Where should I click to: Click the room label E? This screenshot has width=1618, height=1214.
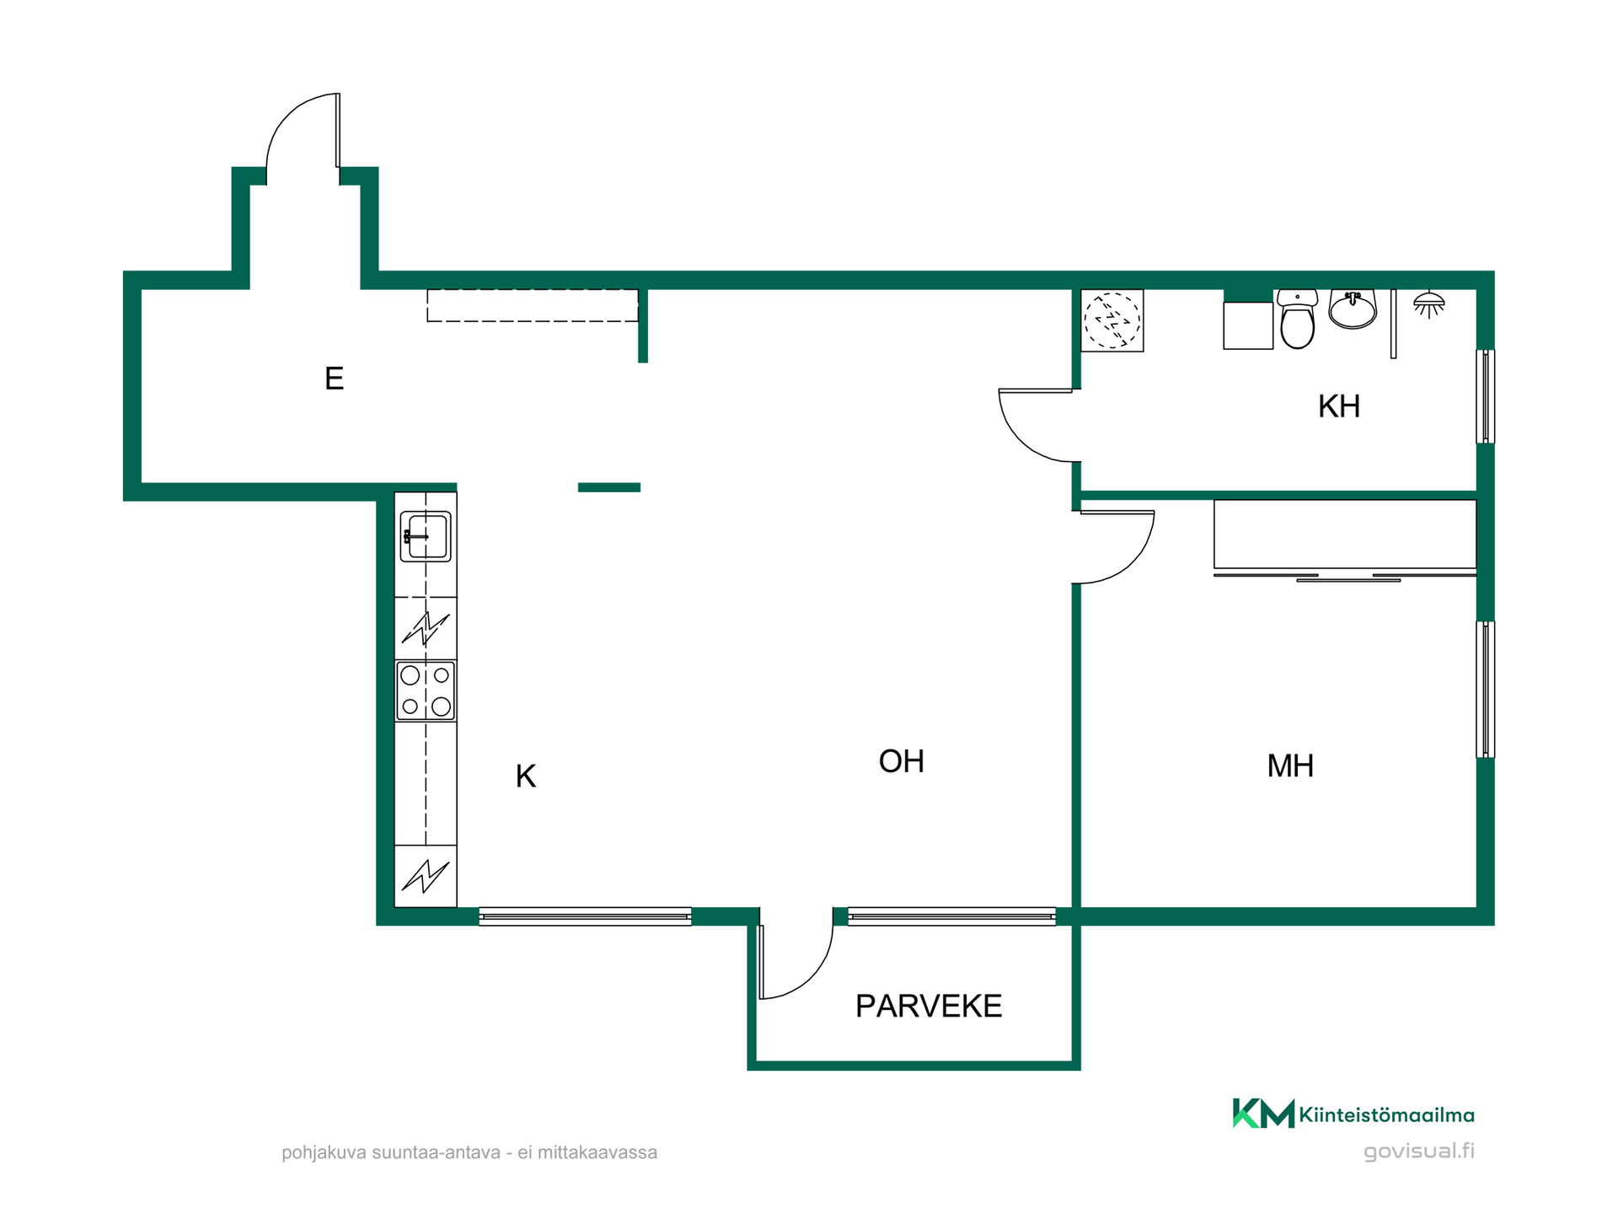334,379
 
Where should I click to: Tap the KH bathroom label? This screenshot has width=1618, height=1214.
1339,406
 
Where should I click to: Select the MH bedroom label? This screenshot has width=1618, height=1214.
1290,765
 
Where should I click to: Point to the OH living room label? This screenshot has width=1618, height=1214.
902,761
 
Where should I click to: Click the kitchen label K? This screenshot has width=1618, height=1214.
526,776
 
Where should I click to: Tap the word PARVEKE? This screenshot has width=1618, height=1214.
929,1006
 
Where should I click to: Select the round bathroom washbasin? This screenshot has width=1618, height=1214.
1353,309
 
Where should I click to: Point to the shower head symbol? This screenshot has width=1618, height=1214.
1429,304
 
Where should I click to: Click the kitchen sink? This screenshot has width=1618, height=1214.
426,536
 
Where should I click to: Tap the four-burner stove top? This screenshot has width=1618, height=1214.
426,691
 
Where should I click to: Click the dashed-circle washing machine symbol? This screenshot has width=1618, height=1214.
1112,320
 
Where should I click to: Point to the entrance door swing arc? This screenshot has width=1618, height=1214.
287,118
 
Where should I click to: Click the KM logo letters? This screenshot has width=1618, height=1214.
1263,1113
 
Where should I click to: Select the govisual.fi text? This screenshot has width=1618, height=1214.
1419,1152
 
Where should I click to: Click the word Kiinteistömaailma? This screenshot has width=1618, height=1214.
1387,1115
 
